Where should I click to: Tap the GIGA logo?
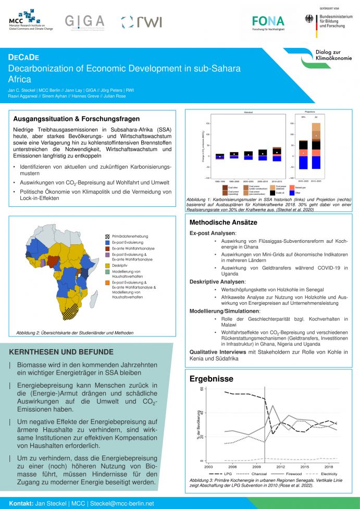(x=84, y=21)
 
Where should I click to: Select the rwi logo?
(x=141, y=22)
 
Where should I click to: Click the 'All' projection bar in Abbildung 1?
(x=316, y=146)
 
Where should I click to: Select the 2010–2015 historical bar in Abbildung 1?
(x=277, y=154)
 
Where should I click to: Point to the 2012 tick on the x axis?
(x=281, y=466)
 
